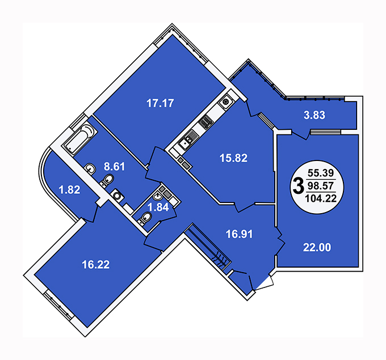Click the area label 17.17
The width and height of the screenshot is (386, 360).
click(160, 103)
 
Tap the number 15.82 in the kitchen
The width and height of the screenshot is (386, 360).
click(234, 158)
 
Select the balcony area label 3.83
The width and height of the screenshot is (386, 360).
click(314, 115)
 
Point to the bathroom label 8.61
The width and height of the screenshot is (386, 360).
click(114, 167)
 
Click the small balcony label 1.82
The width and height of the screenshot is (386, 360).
click(69, 190)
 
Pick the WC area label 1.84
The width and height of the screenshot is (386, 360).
click(158, 207)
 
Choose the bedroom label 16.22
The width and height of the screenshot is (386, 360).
click(96, 265)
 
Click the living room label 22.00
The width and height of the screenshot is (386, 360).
click(317, 247)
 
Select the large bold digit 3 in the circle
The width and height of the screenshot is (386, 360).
click(299, 187)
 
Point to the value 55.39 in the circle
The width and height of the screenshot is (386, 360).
click(321, 173)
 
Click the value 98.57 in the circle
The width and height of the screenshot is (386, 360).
click(321, 185)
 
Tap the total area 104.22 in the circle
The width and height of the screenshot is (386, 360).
click(321, 198)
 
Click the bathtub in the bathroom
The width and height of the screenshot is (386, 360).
click(79, 139)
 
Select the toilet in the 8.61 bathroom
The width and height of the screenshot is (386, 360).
click(107, 180)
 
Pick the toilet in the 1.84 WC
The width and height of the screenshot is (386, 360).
click(145, 218)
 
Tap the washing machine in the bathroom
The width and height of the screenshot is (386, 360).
click(118, 195)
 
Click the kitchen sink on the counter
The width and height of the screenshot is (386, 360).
click(185, 143)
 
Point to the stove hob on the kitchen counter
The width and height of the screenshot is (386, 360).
click(206, 122)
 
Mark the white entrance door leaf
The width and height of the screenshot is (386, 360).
click(265, 283)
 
